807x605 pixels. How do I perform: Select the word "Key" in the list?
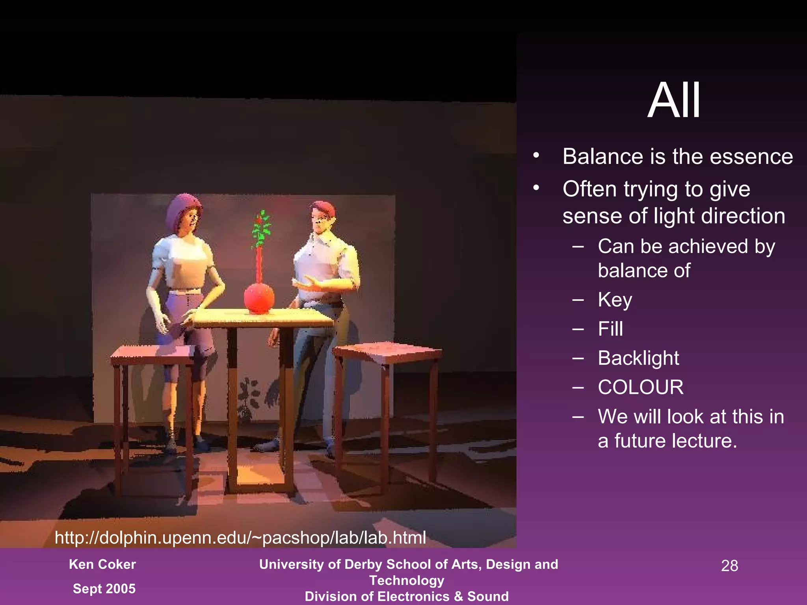[x=615, y=300]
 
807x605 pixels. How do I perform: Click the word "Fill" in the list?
[x=610, y=329]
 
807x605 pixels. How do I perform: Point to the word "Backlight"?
[x=638, y=358]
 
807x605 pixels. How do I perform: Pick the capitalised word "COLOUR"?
[x=641, y=387]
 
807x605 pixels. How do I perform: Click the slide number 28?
[x=729, y=566]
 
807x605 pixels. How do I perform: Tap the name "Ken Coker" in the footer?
[x=102, y=564]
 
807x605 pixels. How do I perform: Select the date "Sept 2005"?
[x=104, y=588]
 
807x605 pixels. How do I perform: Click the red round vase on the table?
[x=259, y=299]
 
